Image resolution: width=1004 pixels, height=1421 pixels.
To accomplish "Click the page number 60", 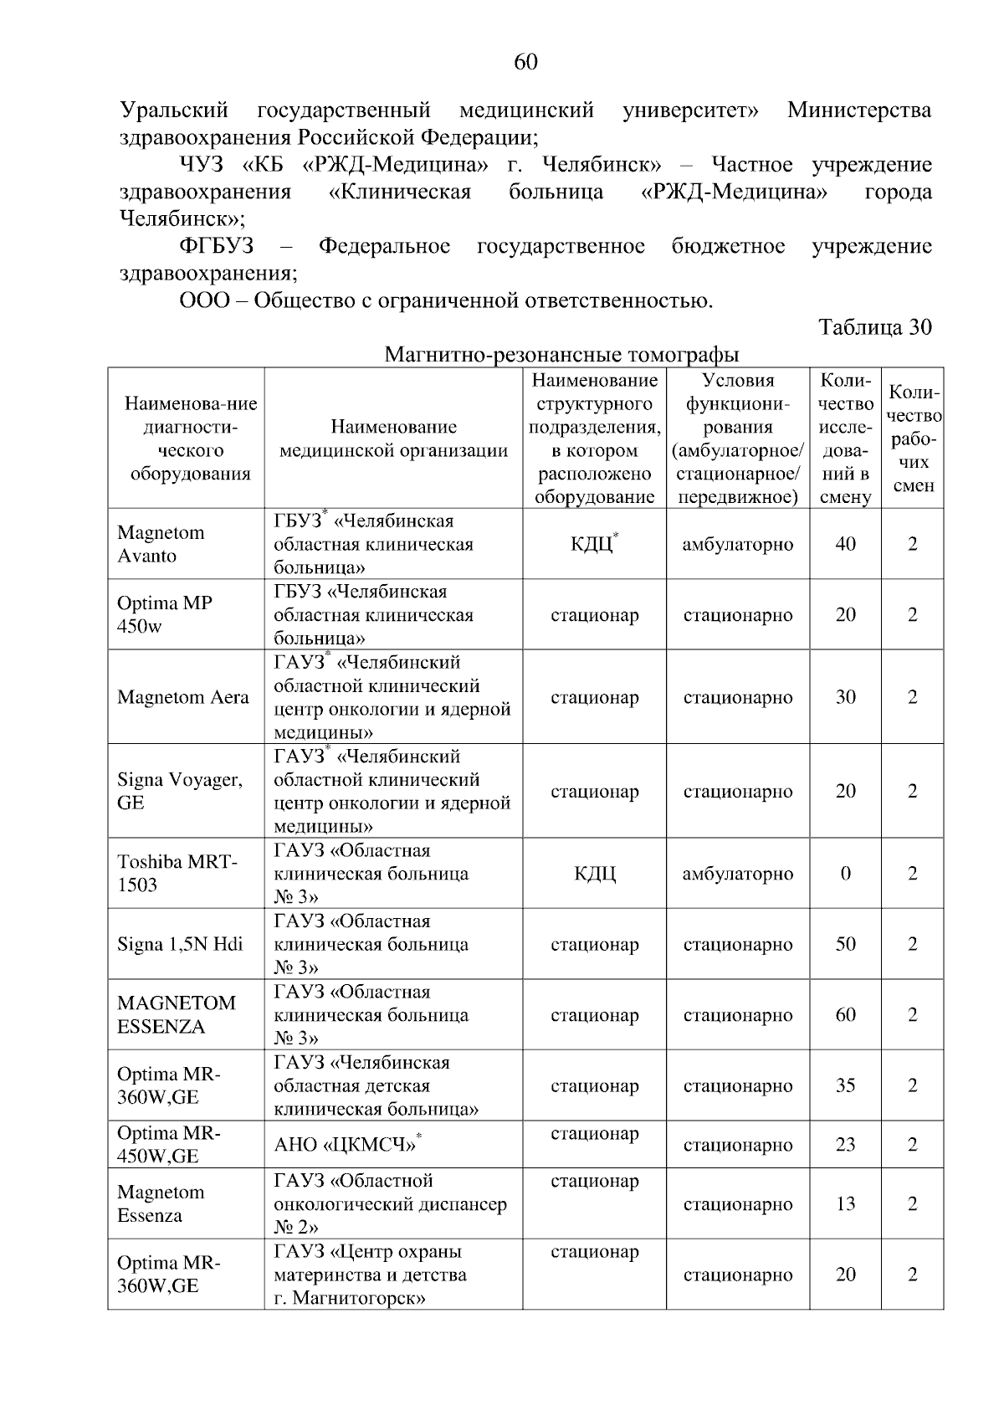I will point(525,63).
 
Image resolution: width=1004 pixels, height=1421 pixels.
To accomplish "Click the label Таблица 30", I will point(874,327).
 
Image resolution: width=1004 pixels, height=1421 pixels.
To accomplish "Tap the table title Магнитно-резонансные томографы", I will point(561,355).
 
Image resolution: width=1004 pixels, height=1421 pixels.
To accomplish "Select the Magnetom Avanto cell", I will point(161,544).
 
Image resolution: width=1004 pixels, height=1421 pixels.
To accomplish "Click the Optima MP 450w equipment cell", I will point(165,614).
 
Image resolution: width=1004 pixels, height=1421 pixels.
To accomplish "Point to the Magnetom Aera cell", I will point(183,697).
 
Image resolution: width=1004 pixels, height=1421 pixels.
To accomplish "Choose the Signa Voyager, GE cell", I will point(180,791).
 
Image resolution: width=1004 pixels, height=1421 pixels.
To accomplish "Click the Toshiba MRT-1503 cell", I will point(177,873).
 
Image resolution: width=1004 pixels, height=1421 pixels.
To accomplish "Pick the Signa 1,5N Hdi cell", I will point(180,944).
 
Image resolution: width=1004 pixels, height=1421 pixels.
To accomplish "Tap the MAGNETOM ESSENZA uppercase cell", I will point(177,1014).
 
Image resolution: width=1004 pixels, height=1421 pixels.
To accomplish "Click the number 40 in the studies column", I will point(845,544).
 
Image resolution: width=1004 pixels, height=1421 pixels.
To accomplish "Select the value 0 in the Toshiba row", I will point(845,874).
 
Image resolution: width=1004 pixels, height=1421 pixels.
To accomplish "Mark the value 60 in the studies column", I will point(845,1015).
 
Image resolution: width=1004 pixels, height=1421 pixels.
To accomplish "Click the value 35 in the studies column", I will point(845,1085).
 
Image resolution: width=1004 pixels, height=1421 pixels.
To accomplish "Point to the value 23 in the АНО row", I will point(845,1145).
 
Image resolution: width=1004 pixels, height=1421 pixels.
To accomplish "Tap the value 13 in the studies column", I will point(845,1204).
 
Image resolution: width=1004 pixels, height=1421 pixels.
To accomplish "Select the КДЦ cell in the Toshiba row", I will point(595,874).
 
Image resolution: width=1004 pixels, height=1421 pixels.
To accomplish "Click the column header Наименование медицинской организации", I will point(393,439).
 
